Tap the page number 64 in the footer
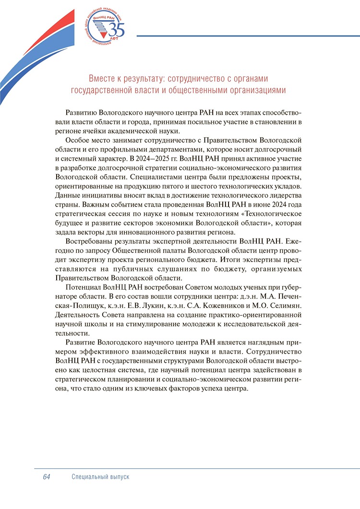click(x=47, y=477)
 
